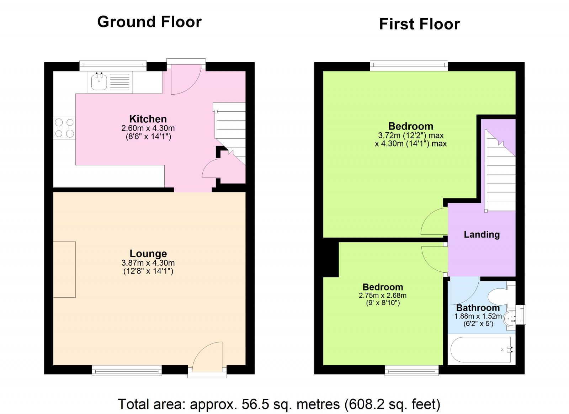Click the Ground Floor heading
149,22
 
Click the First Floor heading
419,24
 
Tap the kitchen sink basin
99,82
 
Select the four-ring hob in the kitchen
64,128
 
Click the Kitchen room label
148,119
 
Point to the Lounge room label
148,253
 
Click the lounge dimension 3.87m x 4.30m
148,263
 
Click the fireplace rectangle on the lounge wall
64,269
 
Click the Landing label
482,234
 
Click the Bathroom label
478,308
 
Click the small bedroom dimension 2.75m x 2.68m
382,295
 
